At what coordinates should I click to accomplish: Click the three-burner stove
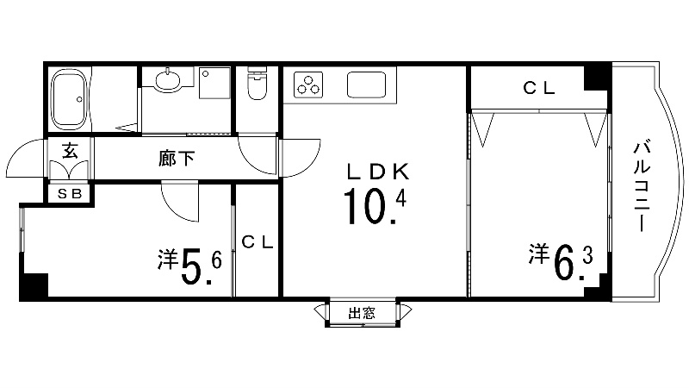308,85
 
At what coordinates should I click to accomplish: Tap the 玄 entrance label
70,148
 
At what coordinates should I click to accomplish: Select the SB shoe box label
69,194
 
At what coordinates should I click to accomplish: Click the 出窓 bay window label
362,314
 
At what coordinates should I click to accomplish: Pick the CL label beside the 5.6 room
256,242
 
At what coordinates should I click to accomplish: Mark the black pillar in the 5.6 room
34,286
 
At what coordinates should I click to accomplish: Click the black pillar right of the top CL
597,77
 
